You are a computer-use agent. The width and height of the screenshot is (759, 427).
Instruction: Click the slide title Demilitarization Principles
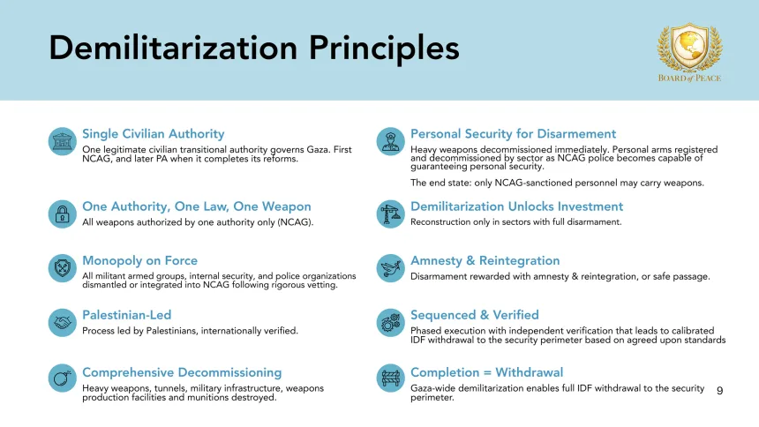pyautogui.click(x=254, y=48)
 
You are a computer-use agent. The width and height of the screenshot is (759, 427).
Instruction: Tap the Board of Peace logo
pyautogui.click(x=689, y=52)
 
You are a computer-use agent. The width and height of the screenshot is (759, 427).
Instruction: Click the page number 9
pyautogui.click(x=719, y=390)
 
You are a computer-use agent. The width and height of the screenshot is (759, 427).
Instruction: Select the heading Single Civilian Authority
pyautogui.click(x=154, y=134)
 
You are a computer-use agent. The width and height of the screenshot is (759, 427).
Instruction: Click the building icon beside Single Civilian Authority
pyautogui.click(x=62, y=141)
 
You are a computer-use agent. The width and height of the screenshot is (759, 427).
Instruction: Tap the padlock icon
pyautogui.click(x=62, y=213)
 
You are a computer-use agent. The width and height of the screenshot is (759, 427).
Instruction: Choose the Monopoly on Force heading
pyautogui.click(x=139, y=260)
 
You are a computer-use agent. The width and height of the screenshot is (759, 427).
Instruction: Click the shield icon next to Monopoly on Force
pyautogui.click(x=62, y=267)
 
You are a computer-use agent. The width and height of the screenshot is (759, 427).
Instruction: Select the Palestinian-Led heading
pyautogui.click(x=126, y=315)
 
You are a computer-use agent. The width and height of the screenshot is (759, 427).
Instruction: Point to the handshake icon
pyautogui.click(x=62, y=322)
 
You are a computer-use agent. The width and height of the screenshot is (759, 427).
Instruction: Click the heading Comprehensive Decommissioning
pyautogui.click(x=182, y=372)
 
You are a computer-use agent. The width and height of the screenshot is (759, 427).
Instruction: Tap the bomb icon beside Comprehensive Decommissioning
pyautogui.click(x=62, y=379)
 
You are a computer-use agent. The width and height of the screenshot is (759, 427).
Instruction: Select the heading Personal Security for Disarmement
pyautogui.click(x=513, y=134)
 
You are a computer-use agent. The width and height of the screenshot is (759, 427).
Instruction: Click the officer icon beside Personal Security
pyautogui.click(x=390, y=141)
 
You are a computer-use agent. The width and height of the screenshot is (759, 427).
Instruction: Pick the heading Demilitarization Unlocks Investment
pyautogui.click(x=516, y=206)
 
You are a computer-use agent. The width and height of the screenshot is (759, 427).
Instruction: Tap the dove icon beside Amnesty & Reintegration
pyautogui.click(x=390, y=267)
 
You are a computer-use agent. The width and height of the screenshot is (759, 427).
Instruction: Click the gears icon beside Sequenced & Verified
pyautogui.click(x=390, y=322)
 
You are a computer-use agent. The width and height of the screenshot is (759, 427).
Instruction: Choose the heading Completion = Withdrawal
pyautogui.click(x=486, y=372)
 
